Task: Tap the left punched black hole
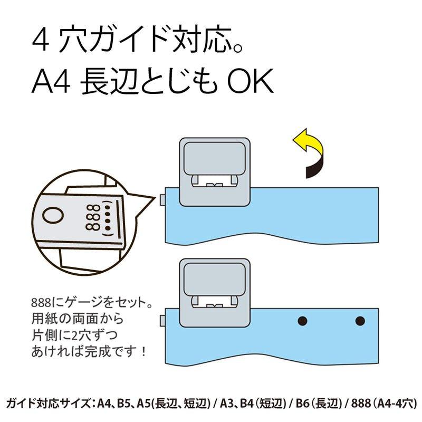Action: pos(302,320)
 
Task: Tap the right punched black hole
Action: pos(360,320)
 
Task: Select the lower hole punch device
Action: pos(214,293)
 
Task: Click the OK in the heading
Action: pos(251,83)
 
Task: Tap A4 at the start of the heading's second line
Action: pos(51,83)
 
